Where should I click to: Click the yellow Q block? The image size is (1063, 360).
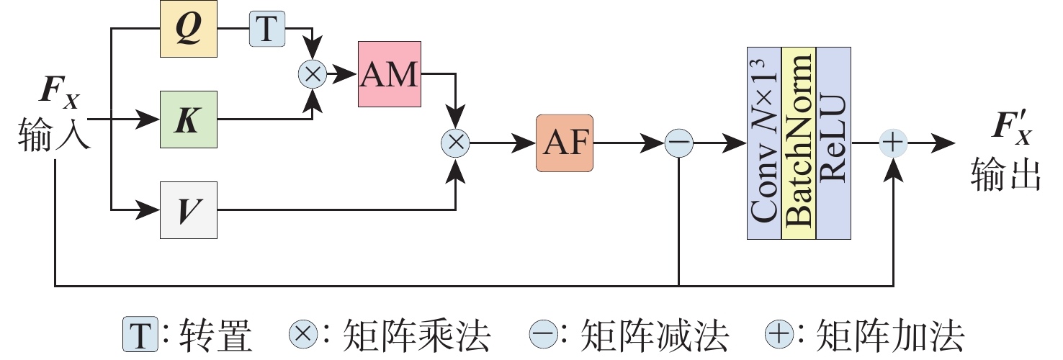click(188, 30)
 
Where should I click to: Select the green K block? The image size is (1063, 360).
click(188, 120)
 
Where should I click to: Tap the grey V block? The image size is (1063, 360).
click(188, 210)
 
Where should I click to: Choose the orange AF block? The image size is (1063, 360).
click(565, 143)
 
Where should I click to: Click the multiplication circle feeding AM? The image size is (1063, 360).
click(313, 73)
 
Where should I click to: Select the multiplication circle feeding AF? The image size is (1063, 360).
click(455, 143)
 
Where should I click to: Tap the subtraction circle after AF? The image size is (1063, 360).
click(678, 143)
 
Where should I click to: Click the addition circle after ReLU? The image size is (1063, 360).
click(893, 143)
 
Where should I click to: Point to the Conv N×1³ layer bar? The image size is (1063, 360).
click(764, 143)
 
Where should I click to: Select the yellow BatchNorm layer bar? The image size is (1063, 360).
click(799, 143)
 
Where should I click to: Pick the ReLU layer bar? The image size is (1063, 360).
click(833, 143)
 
